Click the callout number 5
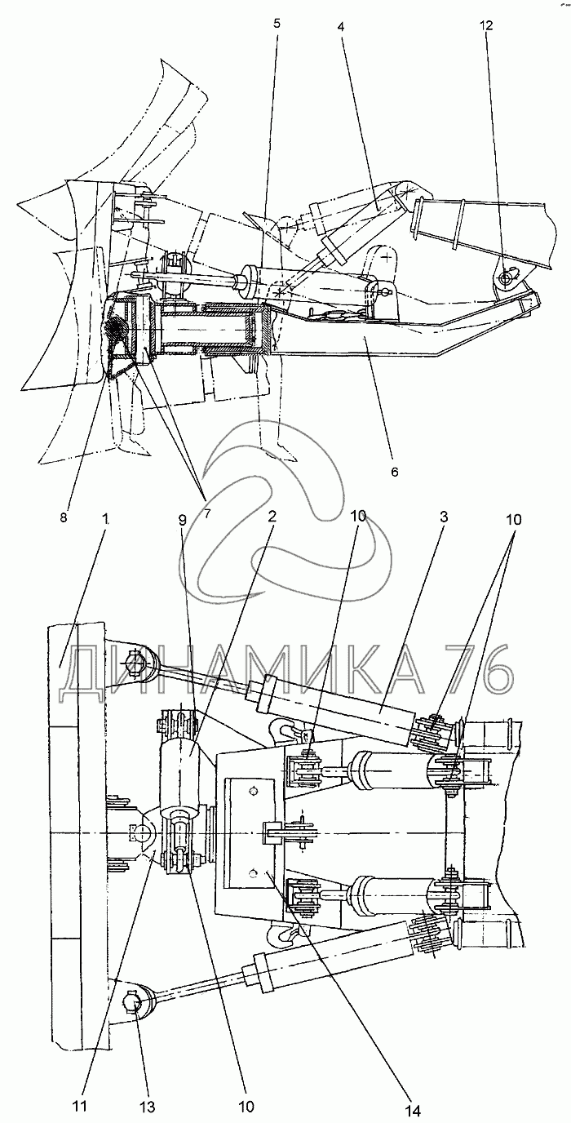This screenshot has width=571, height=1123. click(x=277, y=24)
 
